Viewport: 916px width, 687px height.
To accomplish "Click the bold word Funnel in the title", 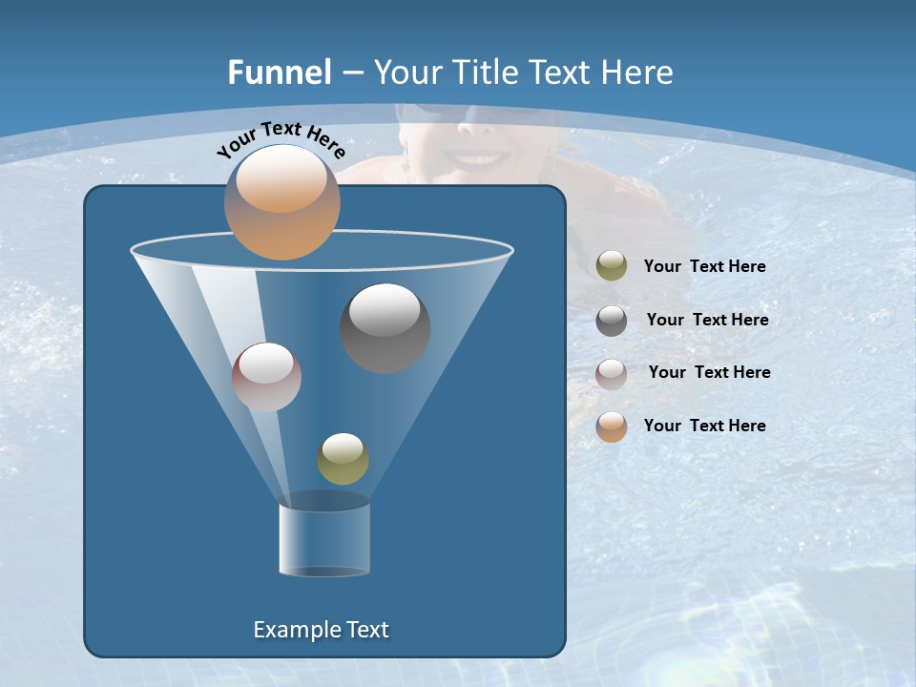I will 280,73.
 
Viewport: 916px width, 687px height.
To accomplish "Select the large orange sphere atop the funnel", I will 281,202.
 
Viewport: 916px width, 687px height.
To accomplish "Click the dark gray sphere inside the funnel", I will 385,328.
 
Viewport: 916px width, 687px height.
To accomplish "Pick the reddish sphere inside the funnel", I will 266,377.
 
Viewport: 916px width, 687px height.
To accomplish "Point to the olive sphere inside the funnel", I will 343,459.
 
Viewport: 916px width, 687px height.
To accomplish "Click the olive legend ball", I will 612,266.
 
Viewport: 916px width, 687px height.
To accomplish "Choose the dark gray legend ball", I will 612,320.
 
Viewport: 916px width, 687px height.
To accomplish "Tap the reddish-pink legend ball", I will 612,373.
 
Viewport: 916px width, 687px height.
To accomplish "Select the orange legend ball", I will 612,426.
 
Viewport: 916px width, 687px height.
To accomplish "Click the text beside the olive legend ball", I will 704,266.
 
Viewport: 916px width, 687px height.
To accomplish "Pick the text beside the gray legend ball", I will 707,320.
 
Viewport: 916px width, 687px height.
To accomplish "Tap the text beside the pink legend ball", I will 709,372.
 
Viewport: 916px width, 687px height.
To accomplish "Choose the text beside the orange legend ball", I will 704,426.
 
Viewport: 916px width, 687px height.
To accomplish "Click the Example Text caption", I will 322,630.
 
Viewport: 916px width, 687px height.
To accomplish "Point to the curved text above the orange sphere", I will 281,139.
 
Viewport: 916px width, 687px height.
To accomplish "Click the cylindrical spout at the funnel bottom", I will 324,539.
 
